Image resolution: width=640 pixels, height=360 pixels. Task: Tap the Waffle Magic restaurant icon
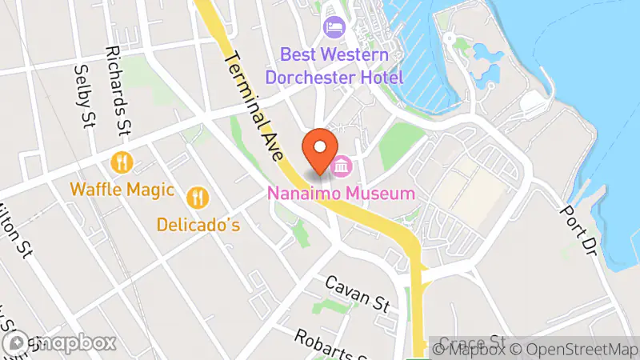click(122, 163)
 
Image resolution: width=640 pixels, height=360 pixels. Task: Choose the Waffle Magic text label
click(122, 190)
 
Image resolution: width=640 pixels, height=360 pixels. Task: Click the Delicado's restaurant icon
click(198, 197)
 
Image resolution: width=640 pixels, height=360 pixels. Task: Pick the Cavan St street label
click(358, 294)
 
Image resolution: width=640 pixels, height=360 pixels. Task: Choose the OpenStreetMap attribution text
click(576, 348)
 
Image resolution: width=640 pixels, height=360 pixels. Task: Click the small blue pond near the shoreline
click(486, 58)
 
